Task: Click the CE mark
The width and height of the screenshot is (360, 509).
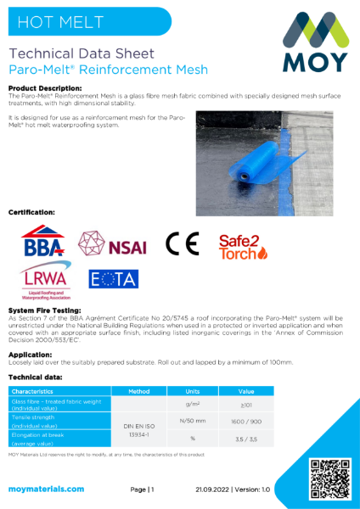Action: coord(183,244)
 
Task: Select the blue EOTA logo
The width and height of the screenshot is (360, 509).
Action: coord(114,278)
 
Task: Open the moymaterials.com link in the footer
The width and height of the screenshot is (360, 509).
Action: coord(47,489)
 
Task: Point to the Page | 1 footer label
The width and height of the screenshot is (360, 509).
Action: coord(142,489)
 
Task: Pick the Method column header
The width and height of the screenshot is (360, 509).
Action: coord(139,393)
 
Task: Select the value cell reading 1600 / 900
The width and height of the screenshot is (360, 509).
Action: coord(246,422)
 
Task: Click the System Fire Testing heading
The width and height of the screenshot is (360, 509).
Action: coord(45,311)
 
